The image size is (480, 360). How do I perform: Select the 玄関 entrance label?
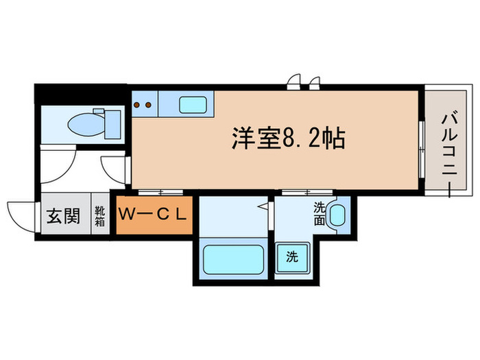62,216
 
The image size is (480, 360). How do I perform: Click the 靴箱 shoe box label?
100,216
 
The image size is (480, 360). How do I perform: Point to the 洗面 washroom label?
320,213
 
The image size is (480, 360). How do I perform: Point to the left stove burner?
137,105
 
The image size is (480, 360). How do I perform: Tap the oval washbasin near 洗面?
337,215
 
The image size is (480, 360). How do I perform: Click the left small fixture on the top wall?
294,83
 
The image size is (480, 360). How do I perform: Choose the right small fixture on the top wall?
314,83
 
